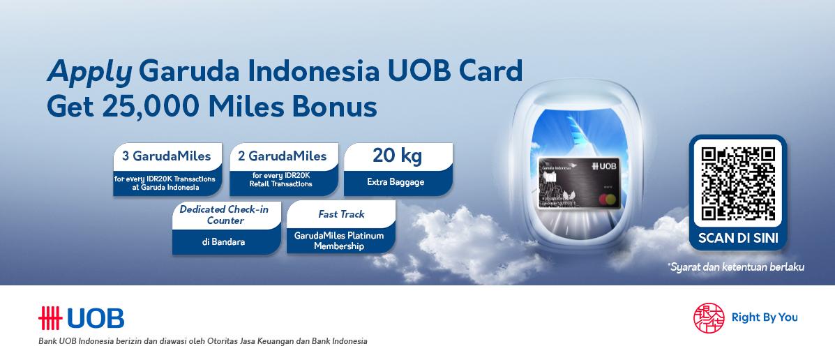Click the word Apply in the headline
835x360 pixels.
(89, 72)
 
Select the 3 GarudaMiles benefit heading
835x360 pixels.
(166, 156)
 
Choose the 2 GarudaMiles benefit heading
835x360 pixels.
(283, 156)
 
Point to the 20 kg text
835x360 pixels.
(397, 155)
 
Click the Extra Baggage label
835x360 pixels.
(396, 182)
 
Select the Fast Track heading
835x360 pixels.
(341, 214)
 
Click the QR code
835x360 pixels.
(738, 183)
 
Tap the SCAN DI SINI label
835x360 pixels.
(738, 238)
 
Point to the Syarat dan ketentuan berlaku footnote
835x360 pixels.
(735, 267)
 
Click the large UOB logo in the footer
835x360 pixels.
(82, 318)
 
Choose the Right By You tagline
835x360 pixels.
(765, 317)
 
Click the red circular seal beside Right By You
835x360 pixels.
(709, 317)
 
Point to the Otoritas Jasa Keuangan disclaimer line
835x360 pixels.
(202, 341)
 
